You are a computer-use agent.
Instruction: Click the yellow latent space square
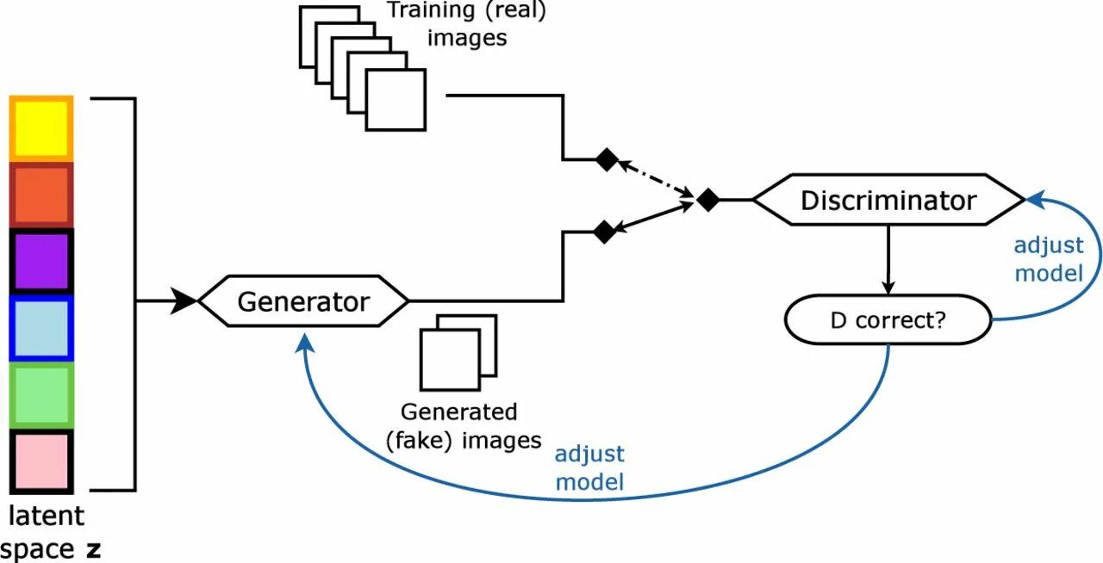click(x=41, y=128)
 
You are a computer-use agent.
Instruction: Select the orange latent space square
click(x=41, y=195)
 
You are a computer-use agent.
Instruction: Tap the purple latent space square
click(x=41, y=260)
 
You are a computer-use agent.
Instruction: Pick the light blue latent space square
click(x=41, y=327)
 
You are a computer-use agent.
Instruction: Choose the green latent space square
click(x=41, y=394)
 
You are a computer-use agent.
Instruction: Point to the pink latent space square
click(x=41, y=461)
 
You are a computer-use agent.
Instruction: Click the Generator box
click(x=303, y=301)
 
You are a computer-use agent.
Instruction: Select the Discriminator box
click(x=888, y=200)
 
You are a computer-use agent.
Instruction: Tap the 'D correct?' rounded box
click(x=888, y=320)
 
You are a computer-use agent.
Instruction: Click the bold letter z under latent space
click(x=93, y=549)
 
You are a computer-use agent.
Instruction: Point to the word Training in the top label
click(x=431, y=11)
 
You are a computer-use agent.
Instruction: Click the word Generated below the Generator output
click(x=458, y=411)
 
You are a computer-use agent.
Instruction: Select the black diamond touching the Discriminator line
click(x=707, y=200)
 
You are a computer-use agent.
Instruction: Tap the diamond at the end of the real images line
click(x=608, y=159)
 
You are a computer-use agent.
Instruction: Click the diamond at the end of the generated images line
click(x=605, y=231)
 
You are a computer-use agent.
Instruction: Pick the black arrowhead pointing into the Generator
click(x=184, y=301)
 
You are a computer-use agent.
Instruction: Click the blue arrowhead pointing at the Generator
click(x=302, y=342)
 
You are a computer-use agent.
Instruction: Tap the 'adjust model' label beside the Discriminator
click(x=1048, y=259)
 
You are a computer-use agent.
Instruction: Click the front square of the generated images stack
click(x=448, y=359)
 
